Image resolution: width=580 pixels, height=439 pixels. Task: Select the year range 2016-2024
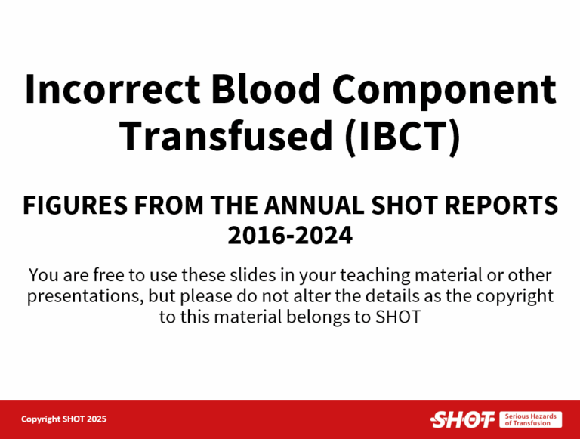[x=290, y=236]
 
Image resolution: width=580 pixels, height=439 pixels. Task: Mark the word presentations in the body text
[x=82, y=295]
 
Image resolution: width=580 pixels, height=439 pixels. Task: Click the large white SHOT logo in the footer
[x=461, y=419]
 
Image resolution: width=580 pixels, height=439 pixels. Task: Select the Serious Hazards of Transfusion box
[x=530, y=419]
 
